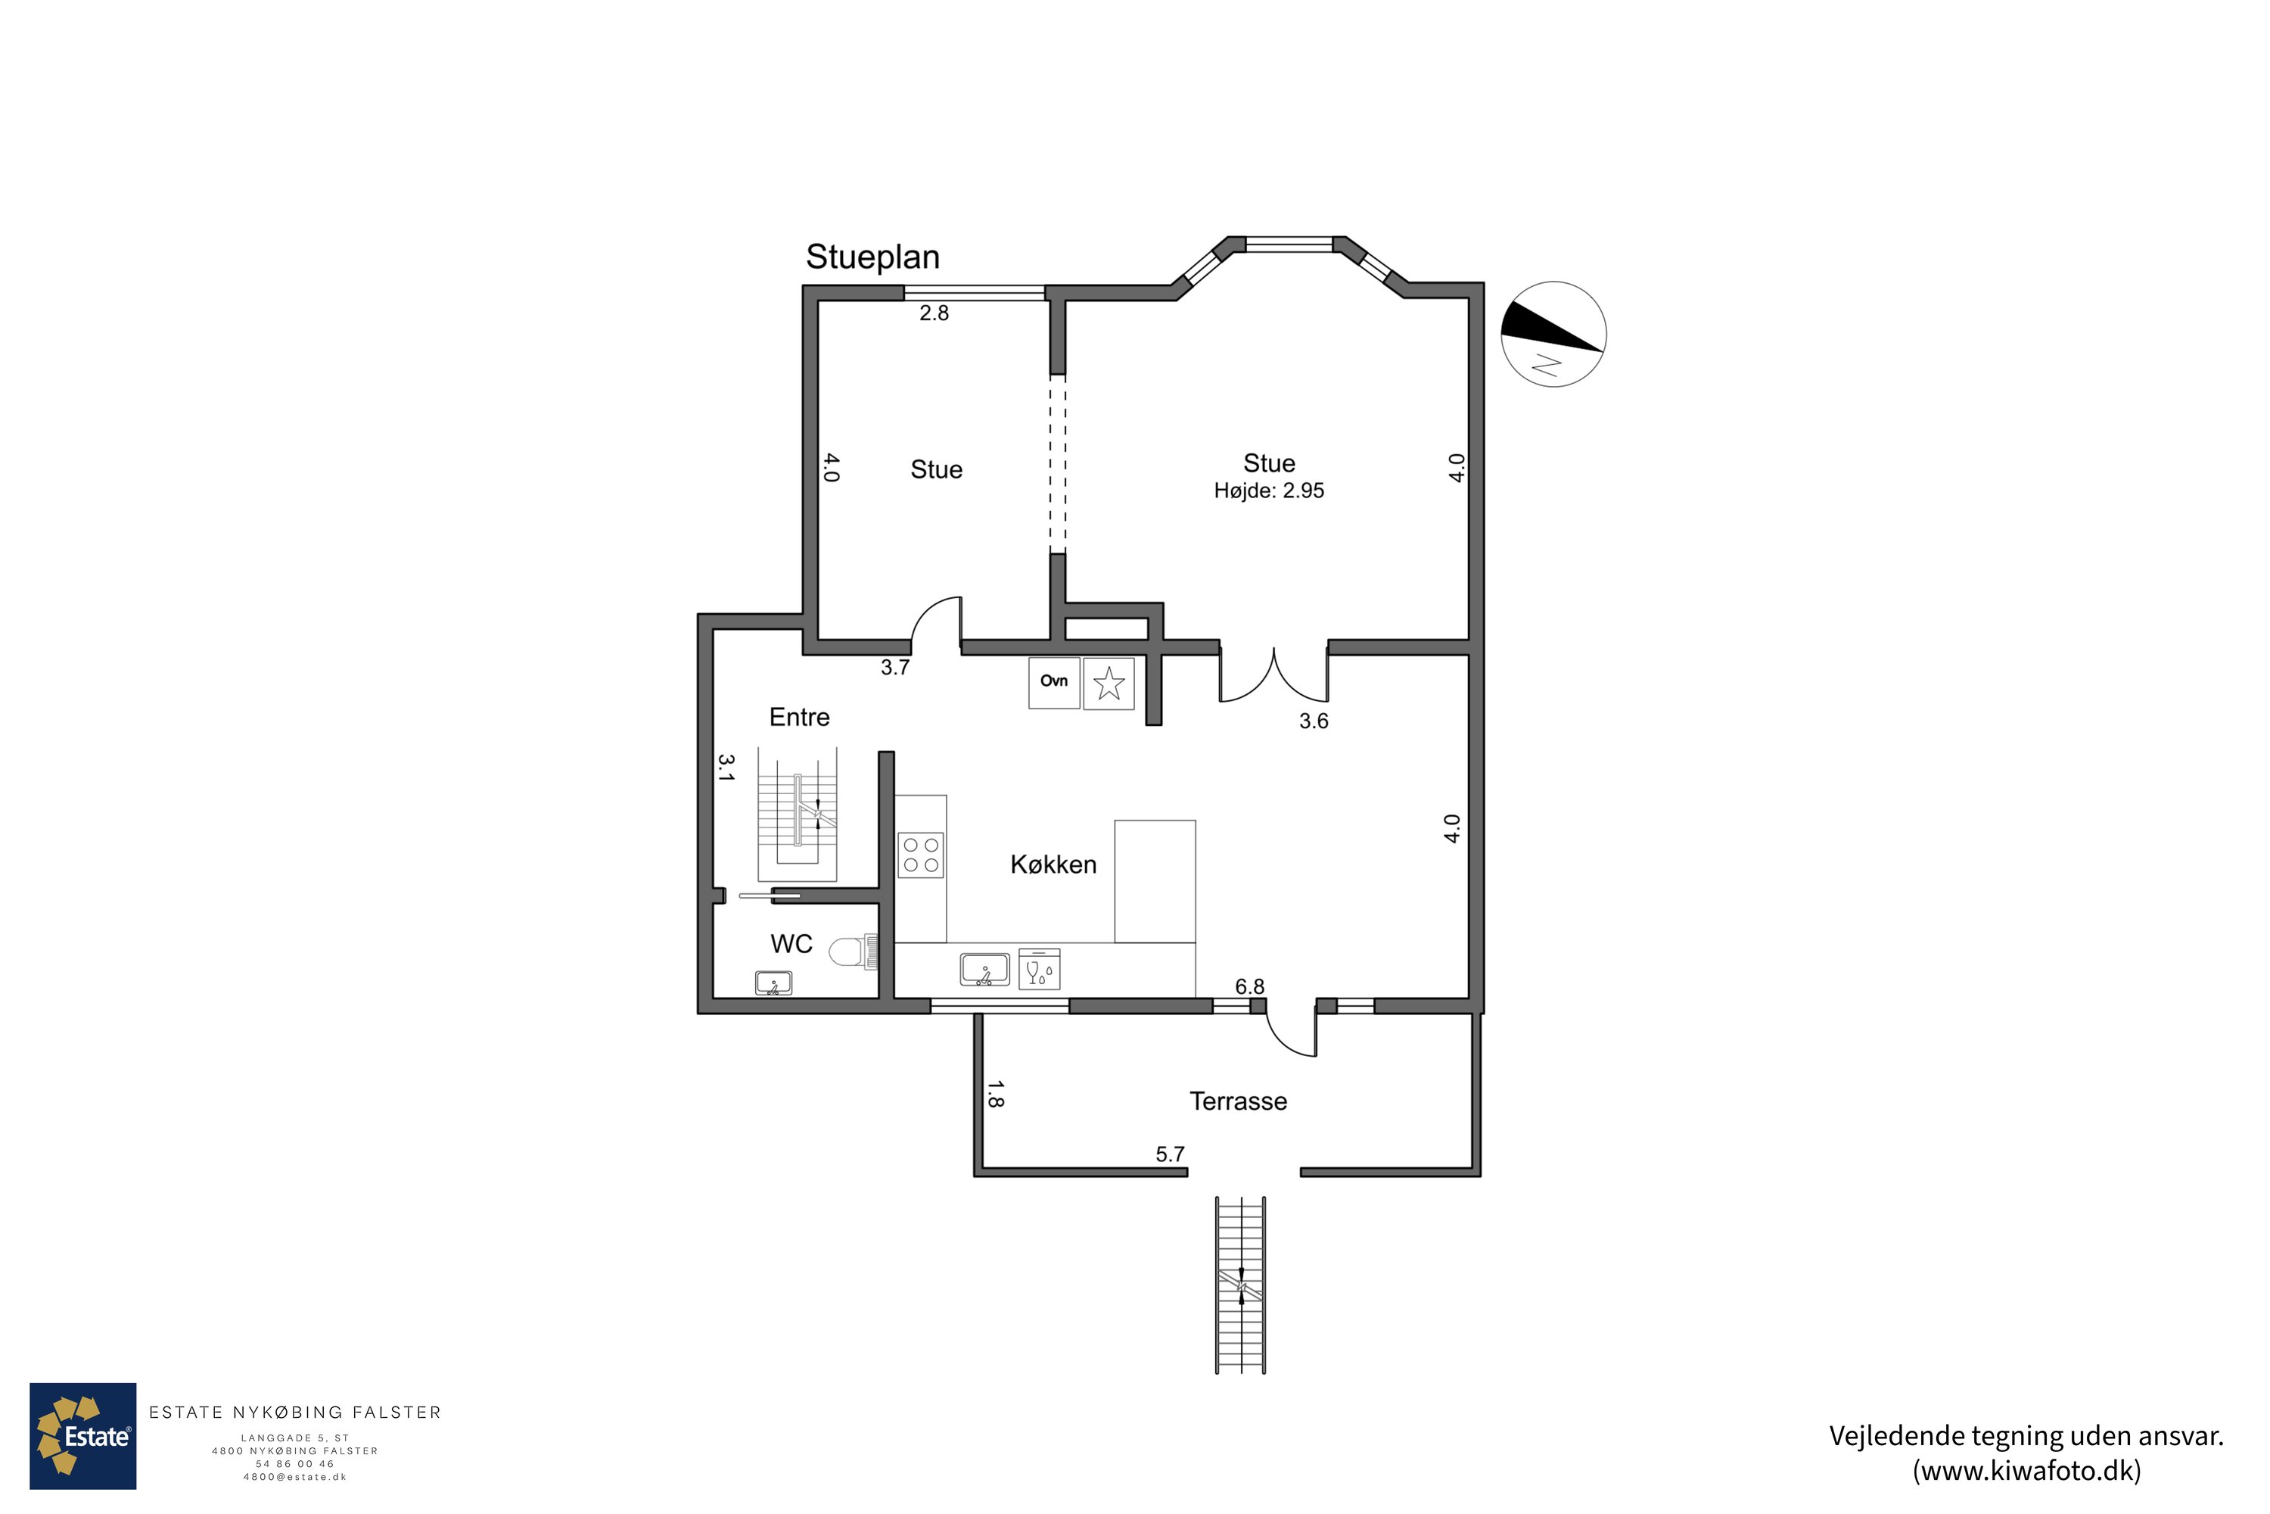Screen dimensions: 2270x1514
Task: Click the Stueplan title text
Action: (x=872, y=257)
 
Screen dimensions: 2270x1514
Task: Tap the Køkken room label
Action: (x=1053, y=864)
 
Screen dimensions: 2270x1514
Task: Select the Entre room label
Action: (x=799, y=718)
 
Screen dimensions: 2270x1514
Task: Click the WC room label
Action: (x=791, y=943)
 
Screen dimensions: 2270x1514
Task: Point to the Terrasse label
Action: (x=1238, y=1101)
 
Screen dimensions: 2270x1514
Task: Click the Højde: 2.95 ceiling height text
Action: (x=1269, y=491)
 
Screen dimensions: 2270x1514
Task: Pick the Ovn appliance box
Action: (x=1054, y=683)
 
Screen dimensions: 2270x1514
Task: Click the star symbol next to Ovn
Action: (x=1109, y=684)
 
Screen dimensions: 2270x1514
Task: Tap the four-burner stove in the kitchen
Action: (x=921, y=855)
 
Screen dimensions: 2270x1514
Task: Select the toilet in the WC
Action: (x=854, y=952)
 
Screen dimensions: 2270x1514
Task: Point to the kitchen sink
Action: (x=984, y=970)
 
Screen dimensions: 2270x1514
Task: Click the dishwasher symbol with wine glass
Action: (x=1040, y=970)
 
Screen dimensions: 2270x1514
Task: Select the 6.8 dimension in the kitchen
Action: (x=1250, y=987)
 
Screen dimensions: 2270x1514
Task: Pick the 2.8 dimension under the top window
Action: (x=934, y=313)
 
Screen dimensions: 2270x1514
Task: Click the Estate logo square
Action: (x=83, y=1436)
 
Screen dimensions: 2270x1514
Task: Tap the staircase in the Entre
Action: (x=798, y=814)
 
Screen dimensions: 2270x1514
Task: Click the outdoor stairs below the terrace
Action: (x=1240, y=1285)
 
